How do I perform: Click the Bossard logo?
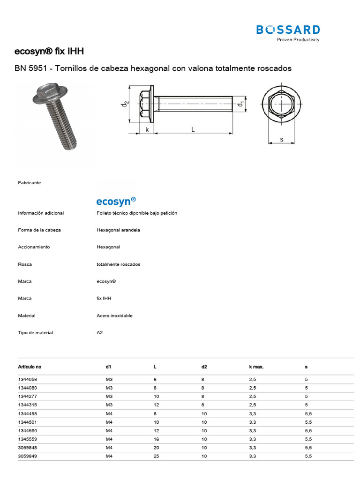(x=288, y=32)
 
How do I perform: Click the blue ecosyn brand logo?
(x=116, y=201)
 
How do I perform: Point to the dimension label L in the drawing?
(x=193, y=130)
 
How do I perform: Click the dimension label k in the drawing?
(x=147, y=130)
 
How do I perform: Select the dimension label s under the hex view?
(x=281, y=139)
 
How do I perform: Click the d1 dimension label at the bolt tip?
(x=241, y=105)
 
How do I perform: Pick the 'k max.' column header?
(x=256, y=367)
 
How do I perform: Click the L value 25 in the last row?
(x=157, y=456)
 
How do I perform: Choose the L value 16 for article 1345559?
(x=157, y=439)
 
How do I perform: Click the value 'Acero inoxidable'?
(x=114, y=315)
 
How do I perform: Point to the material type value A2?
(x=99, y=332)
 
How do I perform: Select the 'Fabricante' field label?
(x=29, y=182)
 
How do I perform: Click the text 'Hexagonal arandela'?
(x=118, y=230)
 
